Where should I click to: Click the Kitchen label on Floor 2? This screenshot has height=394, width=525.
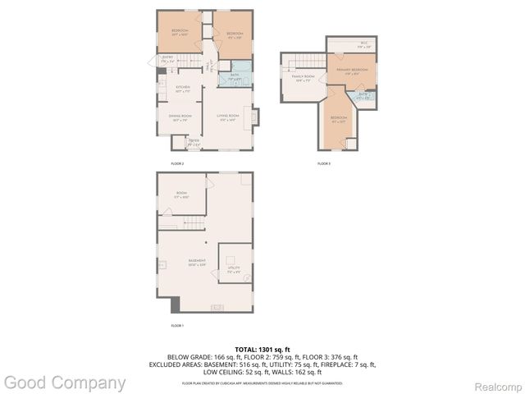pyautogui.click(x=183, y=88)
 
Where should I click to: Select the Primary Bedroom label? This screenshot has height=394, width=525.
pyautogui.click(x=351, y=71)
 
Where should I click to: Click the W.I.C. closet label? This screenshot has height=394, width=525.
pyautogui.click(x=363, y=44)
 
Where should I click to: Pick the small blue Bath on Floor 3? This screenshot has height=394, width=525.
pyautogui.click(x=364, y=96)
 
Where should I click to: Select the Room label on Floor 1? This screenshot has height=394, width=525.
pyautogui.click(x=181, y=195)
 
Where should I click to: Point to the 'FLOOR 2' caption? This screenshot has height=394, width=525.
pyautogui.click(x=177, y=164)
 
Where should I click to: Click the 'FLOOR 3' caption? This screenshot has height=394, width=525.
pyautogui.click(x=324, y=164)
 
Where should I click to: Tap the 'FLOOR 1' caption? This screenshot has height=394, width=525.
pyautogui.click(x=177, y=326)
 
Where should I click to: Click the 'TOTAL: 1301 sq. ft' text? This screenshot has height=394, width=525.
pyautogui.click(x=262, y=349)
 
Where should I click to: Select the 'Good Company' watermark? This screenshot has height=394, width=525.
pyautogui.click(x=64, y=383)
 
